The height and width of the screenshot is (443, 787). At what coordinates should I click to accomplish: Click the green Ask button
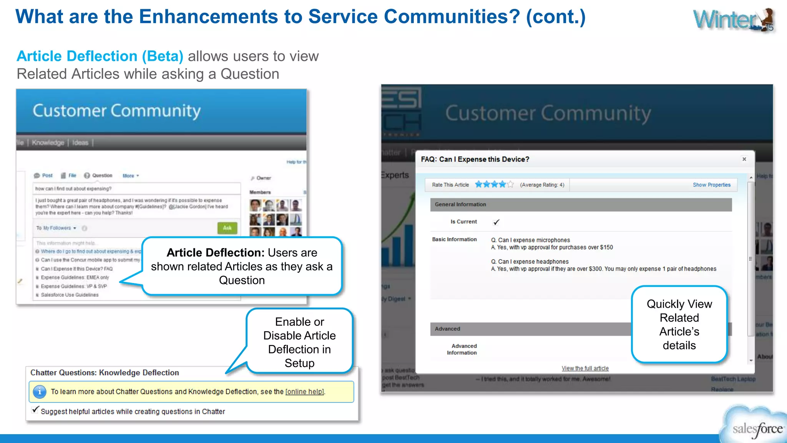click(227, 228)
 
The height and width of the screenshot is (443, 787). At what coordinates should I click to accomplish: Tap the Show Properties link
click(711, 185)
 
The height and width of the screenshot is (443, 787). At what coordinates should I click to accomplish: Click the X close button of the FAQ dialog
click(744, 159)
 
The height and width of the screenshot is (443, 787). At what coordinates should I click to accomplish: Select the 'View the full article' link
click(585, 368)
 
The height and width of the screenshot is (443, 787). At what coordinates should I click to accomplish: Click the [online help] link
click(305, 392)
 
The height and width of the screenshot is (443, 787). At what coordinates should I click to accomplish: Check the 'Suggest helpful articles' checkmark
click(35, 410)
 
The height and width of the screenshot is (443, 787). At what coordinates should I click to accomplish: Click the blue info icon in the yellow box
click(40, 392)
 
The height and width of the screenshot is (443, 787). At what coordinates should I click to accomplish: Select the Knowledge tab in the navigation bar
click(48, 143)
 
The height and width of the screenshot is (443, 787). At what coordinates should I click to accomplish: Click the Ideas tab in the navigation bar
click(80, 143)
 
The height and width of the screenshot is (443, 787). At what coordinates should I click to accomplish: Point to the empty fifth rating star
click(510, 185)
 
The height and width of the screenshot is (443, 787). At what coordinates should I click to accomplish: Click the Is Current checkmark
click(496, 222)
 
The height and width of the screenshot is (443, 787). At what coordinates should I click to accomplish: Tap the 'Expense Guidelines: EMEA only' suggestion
click(75, 278)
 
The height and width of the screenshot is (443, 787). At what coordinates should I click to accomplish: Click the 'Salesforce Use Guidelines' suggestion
click(70, 295)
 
